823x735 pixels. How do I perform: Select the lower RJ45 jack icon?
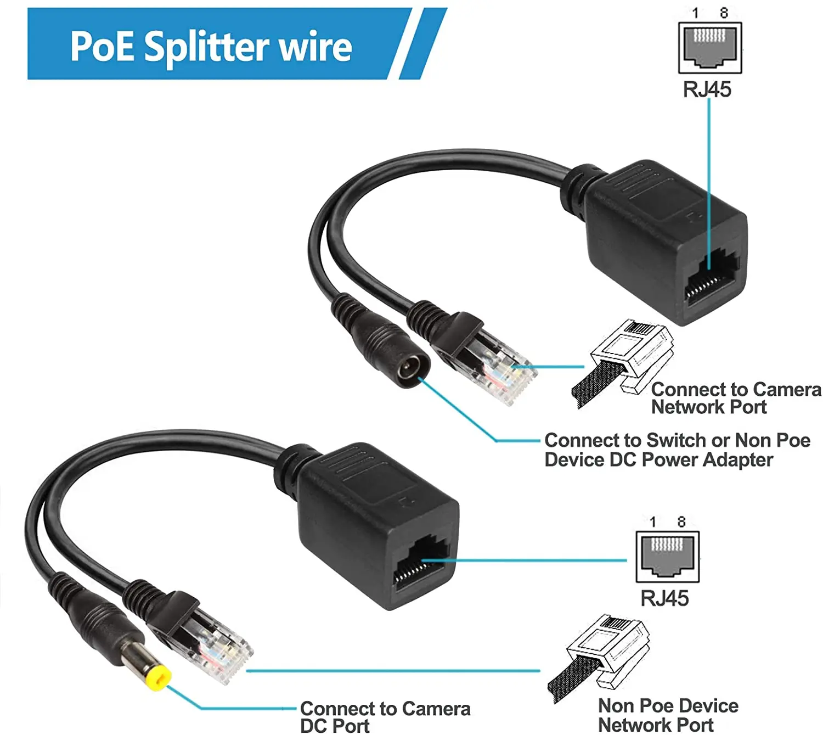click(667, 556)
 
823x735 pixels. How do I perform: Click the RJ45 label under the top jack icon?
click(707, 89)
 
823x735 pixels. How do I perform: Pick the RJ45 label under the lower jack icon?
click(664, 598)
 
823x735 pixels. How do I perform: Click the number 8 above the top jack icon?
click(724, 13)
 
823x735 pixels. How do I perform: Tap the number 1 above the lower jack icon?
click(652, 521)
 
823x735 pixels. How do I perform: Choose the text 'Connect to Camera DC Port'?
click(385, 717)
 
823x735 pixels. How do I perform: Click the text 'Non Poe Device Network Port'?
click(667, 715)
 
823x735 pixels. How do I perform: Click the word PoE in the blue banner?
click(102, 47)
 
